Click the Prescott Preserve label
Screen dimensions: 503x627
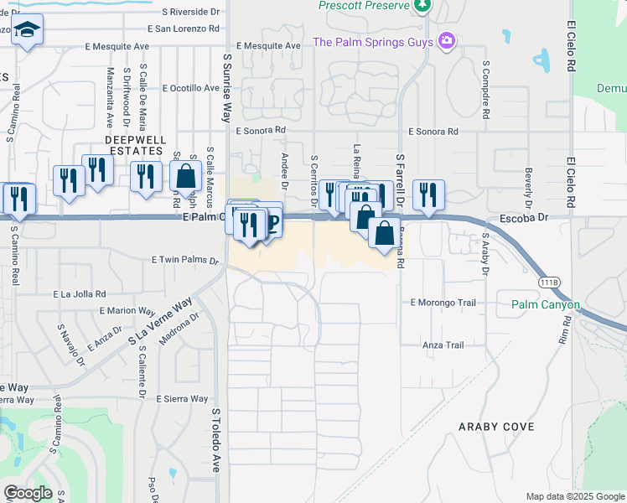364,6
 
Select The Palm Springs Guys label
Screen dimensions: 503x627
373,42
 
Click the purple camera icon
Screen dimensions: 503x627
447,40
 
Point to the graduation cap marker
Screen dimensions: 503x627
28,31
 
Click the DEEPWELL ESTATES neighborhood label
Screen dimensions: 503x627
133,145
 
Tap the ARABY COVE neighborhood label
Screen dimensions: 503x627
496,427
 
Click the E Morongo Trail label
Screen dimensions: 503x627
443,302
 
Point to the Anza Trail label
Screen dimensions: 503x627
443,345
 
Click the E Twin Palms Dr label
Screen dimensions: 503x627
184,261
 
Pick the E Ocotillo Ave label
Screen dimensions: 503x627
191,88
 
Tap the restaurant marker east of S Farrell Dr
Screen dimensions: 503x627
428,194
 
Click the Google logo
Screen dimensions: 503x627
28,493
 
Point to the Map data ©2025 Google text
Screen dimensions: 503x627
574,496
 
